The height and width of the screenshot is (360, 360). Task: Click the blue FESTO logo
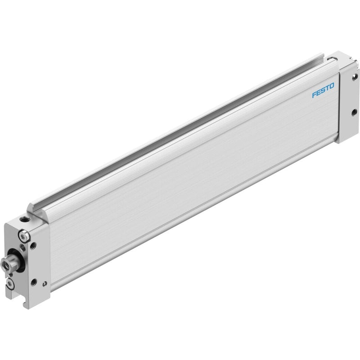tap(323, 90)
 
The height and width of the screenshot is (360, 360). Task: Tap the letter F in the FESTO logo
tap(314, 94)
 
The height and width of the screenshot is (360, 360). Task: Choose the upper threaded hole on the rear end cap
tap(355, 76)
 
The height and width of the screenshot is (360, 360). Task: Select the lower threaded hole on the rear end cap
tap(354, 113)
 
